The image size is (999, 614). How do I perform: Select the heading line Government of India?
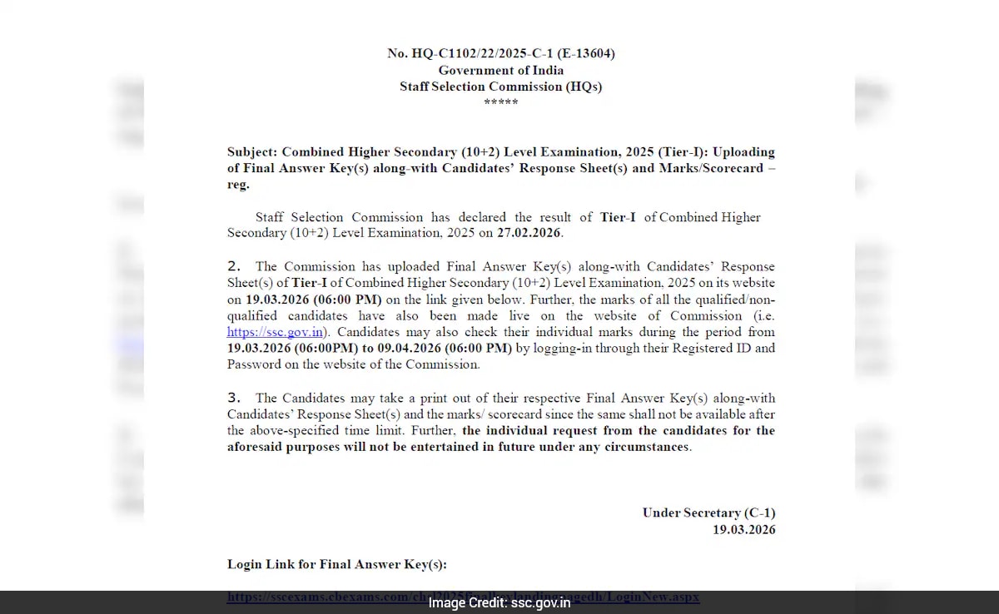click(500, 70)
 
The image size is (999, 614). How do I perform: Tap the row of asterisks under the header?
click(500, 103)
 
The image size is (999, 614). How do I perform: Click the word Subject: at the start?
click(252, 152)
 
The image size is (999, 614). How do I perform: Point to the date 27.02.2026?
click(529, 234)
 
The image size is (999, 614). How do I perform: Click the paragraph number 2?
click(234, 266)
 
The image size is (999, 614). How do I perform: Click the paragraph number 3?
click(234, 398)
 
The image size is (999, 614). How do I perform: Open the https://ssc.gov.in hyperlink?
click(275, 332)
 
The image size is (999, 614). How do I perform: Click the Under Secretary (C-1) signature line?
click(708, 513)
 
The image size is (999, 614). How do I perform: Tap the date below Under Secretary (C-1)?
click(743, 529)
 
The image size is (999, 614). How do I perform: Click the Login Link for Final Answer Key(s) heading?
click(337, 564)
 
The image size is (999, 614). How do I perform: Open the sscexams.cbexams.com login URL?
click(463, 597)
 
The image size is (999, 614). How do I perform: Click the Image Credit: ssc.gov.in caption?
click(499, 603)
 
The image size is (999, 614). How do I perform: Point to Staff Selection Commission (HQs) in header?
click(500, 87)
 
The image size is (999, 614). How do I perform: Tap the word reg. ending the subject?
click(237, 185)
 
